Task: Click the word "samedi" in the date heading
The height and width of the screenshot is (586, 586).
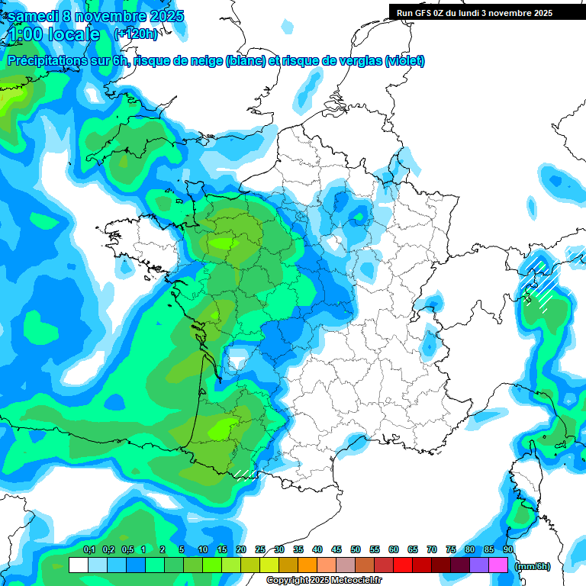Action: pos(34,16)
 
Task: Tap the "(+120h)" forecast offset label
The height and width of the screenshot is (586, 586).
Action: pos(136,34)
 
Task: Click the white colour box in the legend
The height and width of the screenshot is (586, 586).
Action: pos(78,565)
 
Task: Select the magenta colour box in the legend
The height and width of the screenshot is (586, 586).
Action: pos(498,565)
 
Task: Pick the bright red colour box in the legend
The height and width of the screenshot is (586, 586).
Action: pos(402,565)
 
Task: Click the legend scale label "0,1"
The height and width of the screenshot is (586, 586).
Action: pos(89,549)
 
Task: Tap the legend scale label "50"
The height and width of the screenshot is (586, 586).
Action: pos(356,549)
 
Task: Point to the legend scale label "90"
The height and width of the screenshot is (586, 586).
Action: pos(508,549)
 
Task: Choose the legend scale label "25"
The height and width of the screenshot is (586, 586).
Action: pos(260,549)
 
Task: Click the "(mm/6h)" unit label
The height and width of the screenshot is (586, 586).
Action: pos(533,566)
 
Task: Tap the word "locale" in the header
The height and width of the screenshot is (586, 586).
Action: pos(73,34)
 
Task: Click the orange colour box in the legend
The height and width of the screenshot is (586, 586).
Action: pos(307,565)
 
